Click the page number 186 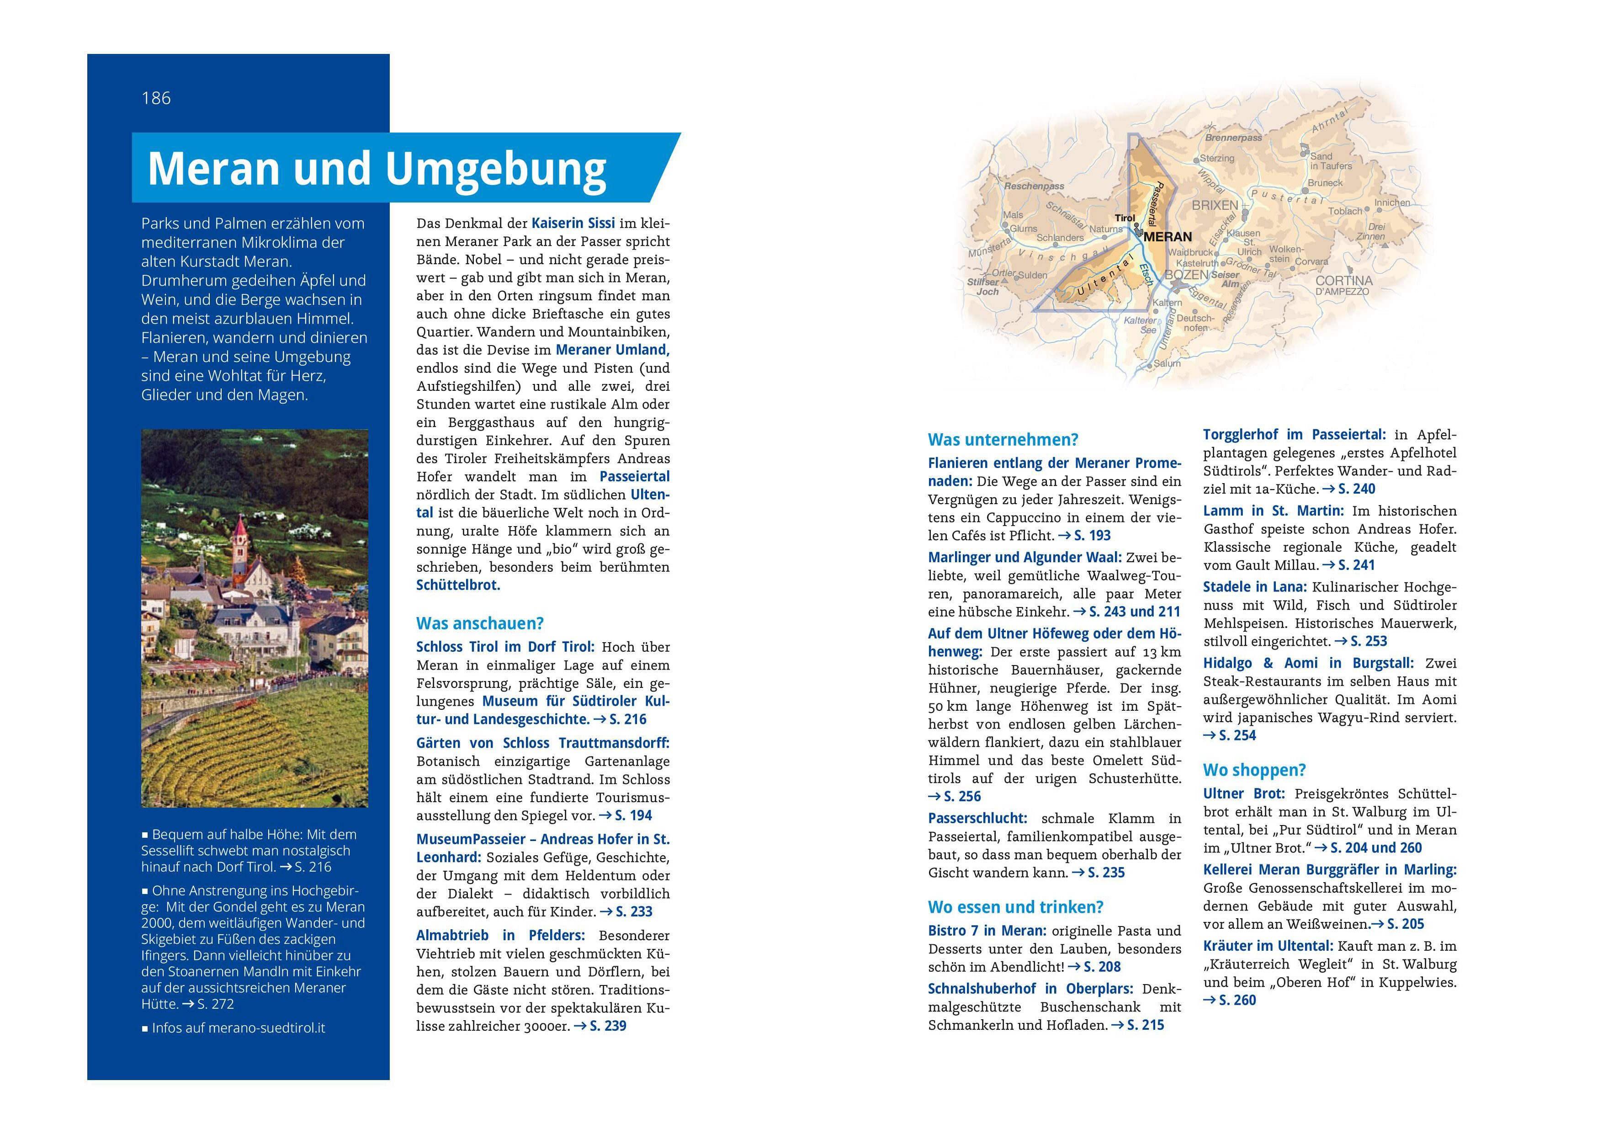[x=156, y=98]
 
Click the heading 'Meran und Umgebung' [x=377, y=169]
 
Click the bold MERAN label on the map [x=1168, y=237]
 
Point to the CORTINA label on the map [x=1343, y=281]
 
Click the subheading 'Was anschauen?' [x=480, y=623]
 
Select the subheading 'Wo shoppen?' [x=1254, y=770]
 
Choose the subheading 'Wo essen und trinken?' [x=1015, y=907]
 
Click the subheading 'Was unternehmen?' [x=1003, y=440]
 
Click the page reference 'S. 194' [x=632, y=815]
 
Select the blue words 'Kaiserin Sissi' [x=573, y=224]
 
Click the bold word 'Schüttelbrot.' [x=458, y=585]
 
